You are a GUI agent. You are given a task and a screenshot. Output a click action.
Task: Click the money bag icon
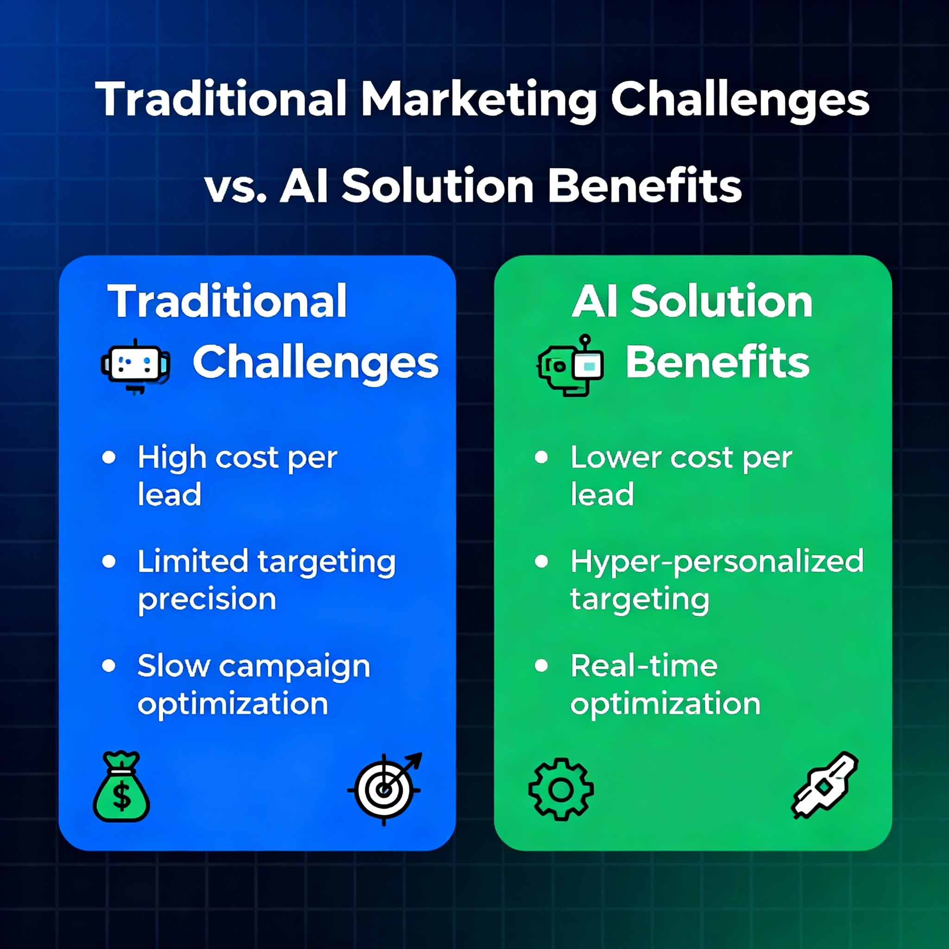tap(121, 787)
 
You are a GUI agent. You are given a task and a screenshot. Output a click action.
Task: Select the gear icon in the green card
tap(561, 789)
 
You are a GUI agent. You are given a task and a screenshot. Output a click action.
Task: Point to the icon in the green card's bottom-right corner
tap(825, 785)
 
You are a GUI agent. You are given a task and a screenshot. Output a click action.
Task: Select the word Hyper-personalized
tap(717, 562)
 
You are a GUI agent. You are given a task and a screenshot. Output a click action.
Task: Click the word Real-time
tap(644, 666)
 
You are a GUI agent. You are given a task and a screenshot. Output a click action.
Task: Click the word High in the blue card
tap(172, 458)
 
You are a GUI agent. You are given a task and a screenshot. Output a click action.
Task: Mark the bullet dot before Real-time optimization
tap(541, 665)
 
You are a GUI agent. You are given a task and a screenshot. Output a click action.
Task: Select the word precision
tap(207, 600)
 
